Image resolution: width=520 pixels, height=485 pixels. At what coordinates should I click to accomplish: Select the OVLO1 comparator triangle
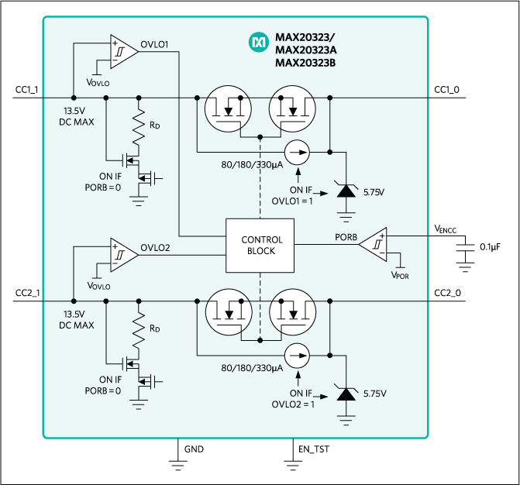122,50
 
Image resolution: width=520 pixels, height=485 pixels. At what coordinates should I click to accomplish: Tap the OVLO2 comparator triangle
122,253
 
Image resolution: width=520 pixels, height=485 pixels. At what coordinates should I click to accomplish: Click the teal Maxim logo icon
258,43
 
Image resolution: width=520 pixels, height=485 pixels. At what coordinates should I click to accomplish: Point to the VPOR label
401,275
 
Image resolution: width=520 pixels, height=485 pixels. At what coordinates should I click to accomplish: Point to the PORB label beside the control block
346,236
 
